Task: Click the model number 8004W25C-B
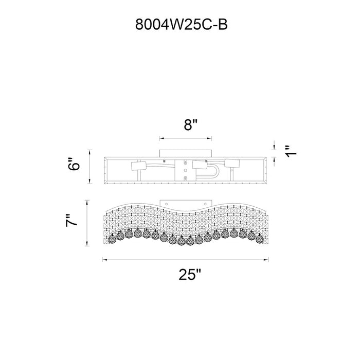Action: tap(182, 24)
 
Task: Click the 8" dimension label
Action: tap(191, 125)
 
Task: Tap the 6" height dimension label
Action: tap(74, 164)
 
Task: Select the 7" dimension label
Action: tap(71, 221)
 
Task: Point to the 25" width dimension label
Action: tap(190, 274)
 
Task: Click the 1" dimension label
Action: tap(291, 152)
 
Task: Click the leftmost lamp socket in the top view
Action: tap(138, 166)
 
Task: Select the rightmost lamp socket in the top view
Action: tap(232, 164)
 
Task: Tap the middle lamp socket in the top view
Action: tap(200, 165)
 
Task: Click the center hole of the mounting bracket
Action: tap(185, 170)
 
